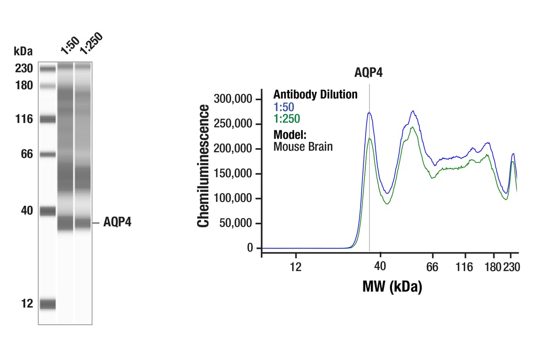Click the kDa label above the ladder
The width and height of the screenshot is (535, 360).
point(23,51)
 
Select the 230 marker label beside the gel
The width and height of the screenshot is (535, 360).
point(23,69)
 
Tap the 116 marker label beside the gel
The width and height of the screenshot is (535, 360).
point(23,119)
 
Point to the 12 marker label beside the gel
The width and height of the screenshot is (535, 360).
point(27,304)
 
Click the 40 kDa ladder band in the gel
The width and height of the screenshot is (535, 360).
point(47,211)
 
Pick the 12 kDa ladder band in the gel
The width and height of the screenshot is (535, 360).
point(47,304)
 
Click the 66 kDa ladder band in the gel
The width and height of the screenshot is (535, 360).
point(47,154)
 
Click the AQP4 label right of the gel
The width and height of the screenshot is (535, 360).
point(117,223)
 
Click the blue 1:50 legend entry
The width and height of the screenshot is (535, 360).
point(284,107)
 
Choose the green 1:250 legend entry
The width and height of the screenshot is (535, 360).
point(286,119)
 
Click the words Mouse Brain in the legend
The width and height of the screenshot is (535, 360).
point(303,146)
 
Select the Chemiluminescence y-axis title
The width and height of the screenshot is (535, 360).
point(203,166)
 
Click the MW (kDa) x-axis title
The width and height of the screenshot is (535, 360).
point(392,286)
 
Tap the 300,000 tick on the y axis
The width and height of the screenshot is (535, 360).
point(233,99)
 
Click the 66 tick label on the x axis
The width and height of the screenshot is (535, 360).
point(432,267)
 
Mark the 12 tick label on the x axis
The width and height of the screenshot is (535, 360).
point(295,267)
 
